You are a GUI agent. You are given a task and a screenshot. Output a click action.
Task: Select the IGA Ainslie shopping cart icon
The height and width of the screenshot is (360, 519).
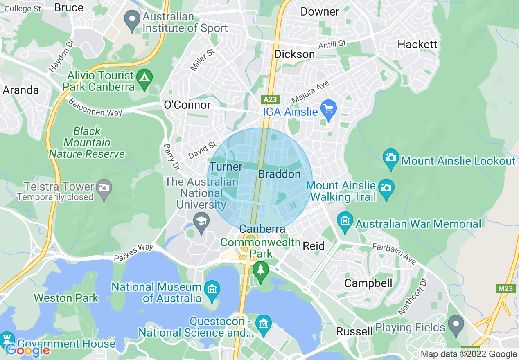click(328, 109)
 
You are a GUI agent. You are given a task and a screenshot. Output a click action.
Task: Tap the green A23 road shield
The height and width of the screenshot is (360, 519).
click(271, 99)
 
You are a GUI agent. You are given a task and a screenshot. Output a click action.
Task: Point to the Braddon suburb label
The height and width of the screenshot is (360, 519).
click(279, 174)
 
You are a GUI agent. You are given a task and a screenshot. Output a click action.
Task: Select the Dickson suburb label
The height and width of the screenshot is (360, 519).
click(295, 54)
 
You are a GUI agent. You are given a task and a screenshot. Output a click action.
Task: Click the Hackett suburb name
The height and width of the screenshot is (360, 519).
click(417, 44)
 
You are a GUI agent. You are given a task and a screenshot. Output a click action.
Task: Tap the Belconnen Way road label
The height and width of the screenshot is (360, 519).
click(95, 107)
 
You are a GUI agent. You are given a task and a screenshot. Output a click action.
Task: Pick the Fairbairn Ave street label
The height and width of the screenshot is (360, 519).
click(394, 253)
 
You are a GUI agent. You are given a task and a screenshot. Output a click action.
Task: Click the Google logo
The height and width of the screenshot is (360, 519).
click(27, 350)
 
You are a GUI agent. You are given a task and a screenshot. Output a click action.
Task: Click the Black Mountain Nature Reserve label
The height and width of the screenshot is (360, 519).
click(87, 142)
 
